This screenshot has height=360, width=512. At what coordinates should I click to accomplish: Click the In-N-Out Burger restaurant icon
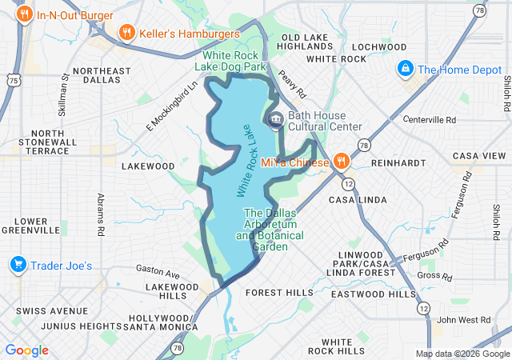click(25, 14)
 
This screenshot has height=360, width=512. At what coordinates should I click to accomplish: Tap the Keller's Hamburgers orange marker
click(126, 33)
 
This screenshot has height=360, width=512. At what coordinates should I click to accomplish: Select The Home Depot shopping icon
click(406, 69)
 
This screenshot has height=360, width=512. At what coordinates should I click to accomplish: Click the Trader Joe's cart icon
click(17, 264)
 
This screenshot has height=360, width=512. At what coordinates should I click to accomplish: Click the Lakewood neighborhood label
click(148, 166)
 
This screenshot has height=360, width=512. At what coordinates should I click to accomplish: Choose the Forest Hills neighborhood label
click(280, 293)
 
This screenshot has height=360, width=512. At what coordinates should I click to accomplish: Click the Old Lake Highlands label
click(306, 42)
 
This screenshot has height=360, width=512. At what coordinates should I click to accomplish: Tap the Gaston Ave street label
click(158, 269)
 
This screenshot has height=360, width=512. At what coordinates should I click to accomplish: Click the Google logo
click(26, 350)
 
